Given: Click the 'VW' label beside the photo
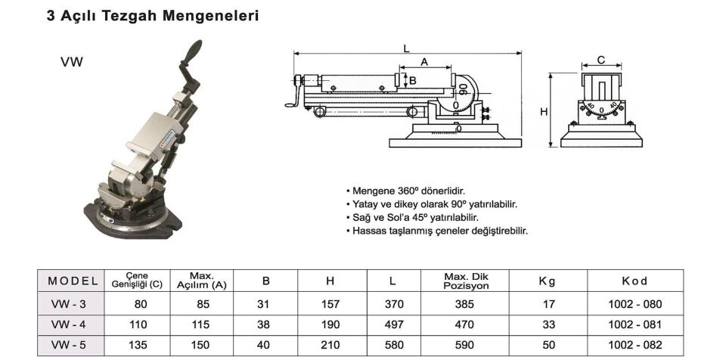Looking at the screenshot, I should click(x=71, y=63).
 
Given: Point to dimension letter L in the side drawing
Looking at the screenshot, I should click(x=406, y=48).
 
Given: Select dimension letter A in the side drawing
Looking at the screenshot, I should click(x=424, y=62).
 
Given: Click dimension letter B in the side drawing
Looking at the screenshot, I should click(x=412, y=80).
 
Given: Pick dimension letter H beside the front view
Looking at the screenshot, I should click(x=544, y=111).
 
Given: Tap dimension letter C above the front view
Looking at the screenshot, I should click(x=600, y=59).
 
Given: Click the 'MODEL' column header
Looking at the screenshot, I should click(x=73, y=281).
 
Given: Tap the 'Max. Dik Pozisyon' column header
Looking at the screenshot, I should click(x=465, y=281).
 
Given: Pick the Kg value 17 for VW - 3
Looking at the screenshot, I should click(x=549, y=304).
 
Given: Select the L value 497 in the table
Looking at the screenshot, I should click(x=392, y=324).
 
